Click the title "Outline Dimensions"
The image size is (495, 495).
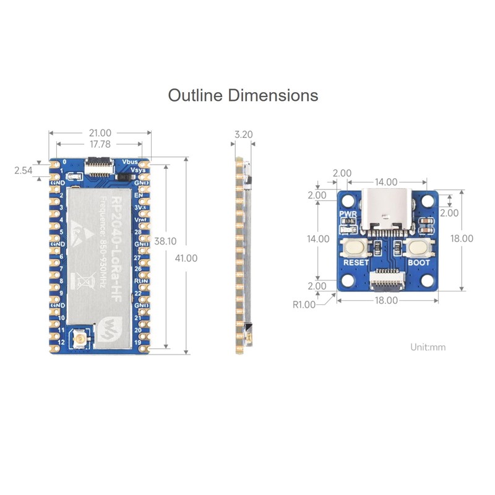[x=243, y=96]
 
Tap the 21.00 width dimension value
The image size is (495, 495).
[x=100, y=132]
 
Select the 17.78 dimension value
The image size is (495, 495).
[x=100, y=144]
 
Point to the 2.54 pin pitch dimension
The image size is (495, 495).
[x=23, y=171]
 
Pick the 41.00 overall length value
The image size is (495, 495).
[x=186, y=258]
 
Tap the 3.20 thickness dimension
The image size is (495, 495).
[x=244, y=134]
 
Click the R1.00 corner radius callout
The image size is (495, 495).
[x=304, y=304]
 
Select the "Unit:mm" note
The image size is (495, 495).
[x=428, y=346]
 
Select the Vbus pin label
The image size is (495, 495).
[x=130, y=162]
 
